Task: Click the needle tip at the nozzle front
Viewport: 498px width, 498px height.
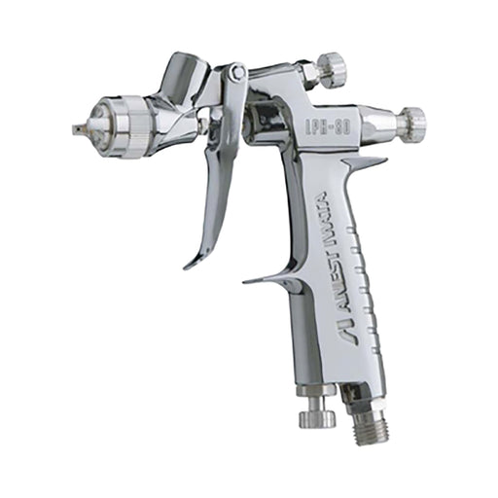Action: pos(77,127)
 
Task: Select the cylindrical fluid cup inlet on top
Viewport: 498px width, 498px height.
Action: pos(182,72)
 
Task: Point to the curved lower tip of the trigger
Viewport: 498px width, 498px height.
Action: pos(192,262)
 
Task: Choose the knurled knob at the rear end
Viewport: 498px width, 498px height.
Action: pos(411,122)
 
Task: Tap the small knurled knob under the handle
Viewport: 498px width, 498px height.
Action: pos(316,417)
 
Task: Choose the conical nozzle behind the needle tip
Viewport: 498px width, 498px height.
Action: pos(97,126)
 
